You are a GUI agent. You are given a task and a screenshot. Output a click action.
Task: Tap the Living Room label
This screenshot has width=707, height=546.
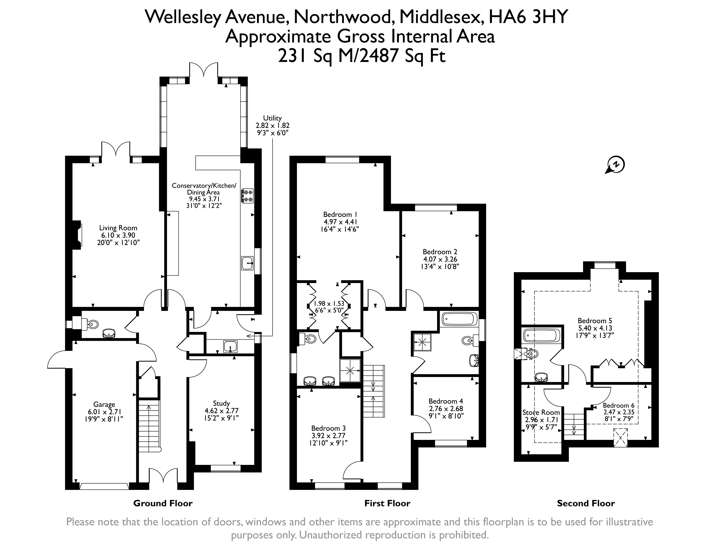118,228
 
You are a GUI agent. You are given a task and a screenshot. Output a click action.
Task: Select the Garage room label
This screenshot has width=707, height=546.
104,405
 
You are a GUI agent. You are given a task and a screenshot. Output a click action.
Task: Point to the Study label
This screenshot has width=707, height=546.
221,403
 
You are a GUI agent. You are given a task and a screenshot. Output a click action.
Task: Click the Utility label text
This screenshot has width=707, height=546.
272,118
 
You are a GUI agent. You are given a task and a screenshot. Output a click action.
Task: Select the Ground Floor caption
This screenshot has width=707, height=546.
163,503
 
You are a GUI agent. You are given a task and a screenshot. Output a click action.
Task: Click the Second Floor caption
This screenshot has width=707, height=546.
586,503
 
